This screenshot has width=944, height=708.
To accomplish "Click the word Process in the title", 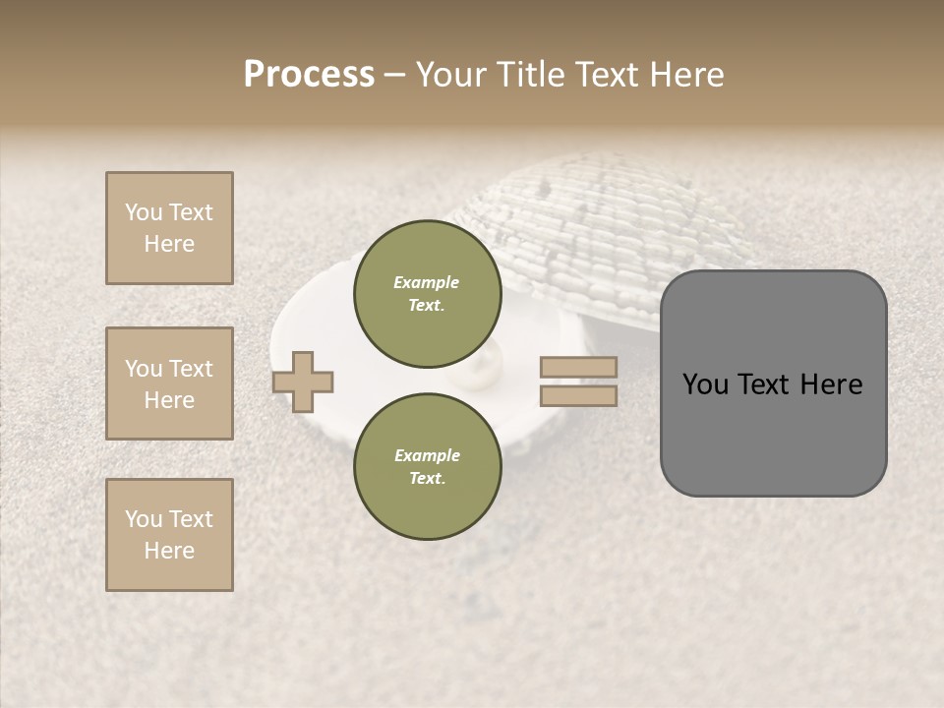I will (x=309, y=75).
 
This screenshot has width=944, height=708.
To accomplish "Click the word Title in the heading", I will (x=532, y=75).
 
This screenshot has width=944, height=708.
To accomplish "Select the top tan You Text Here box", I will (x=169, y=228).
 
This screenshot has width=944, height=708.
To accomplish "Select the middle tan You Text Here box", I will (x=169, y=383).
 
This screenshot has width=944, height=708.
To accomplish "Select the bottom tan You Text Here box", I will (x=169, y=535).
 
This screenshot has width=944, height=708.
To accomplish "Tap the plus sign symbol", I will (x=303, y=381).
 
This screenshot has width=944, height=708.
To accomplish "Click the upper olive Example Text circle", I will (x=427, y=294).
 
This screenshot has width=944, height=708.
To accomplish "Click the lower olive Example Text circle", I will (x=427, y=467).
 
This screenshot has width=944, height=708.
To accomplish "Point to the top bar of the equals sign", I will (x=579, y=367).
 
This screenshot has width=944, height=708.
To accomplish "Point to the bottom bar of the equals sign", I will (x=579, y=395).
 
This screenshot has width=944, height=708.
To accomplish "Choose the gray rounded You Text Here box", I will (x=773, y=383).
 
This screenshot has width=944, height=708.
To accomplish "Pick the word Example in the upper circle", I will (x=427, y=282).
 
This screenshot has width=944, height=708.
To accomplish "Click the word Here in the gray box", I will (x=831, y=384).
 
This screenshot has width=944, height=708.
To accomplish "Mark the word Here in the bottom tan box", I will (x=169, y=551).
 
